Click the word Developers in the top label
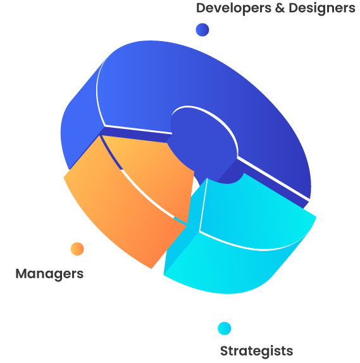233,9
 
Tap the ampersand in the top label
280,8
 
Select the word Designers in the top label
322,9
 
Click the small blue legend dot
202,30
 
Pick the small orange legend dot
77,249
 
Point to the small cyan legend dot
224,328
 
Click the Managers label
49,274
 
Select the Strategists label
256,351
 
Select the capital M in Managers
21,273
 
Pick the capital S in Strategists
224,351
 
